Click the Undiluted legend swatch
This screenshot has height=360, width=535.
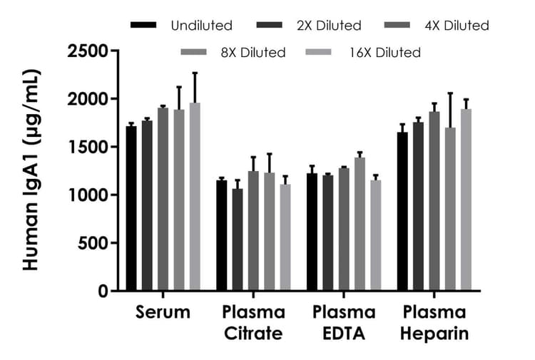coord(144,26)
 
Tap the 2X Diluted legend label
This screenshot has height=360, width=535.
coord(328,26)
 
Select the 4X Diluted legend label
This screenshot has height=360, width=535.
coord(457,26)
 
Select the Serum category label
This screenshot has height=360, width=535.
coord(163,312)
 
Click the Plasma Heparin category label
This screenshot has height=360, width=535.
coord(434,322)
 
